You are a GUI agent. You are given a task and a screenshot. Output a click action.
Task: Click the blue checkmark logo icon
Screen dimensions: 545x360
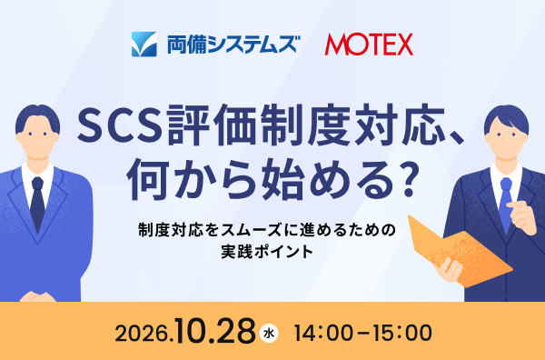point(144,45)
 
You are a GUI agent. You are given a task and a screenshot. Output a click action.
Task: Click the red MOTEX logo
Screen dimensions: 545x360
point(369,45)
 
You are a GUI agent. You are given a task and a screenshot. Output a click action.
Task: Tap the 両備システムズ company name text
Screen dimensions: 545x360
point(233,45)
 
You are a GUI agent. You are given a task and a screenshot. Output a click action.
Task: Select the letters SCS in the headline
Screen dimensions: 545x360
point(120,126)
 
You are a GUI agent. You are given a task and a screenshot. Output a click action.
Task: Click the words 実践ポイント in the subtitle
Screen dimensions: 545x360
point(267,252)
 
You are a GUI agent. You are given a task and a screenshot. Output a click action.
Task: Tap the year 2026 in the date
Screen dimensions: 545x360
point(143,334)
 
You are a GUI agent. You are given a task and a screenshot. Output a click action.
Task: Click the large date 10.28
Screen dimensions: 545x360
point(214,330)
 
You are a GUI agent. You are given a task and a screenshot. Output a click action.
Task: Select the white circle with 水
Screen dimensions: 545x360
point(269,334)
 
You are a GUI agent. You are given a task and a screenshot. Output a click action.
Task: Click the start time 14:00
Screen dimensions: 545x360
point(323,333)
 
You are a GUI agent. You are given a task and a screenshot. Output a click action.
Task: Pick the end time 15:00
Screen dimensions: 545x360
point(402,333)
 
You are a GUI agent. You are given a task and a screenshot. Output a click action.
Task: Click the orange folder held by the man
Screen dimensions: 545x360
point(460,251)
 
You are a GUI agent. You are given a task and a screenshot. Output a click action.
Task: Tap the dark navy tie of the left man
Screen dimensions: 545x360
point(37,205)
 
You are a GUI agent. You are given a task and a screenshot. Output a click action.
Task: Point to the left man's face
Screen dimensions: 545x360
point(37,137)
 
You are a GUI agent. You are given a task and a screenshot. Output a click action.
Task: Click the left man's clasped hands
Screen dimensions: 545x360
point(37,296)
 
